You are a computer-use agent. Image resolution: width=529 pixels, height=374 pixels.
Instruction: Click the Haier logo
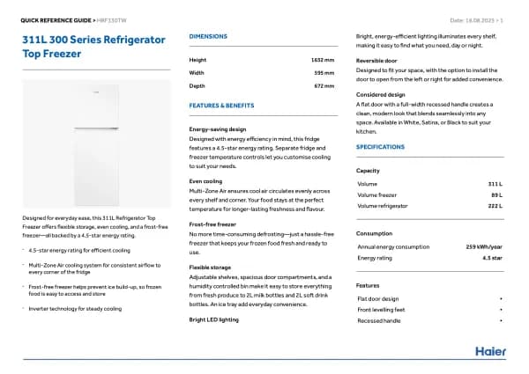pyautogui.click(x=491, y=351)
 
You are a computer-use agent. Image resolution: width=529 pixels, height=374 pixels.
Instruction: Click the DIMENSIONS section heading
pyautogui.click(x=208, y=36)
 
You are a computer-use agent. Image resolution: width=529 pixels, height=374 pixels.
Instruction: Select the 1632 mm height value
pyautogui.click(x=323, y=60)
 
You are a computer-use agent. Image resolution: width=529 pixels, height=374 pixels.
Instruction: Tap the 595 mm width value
pyautogui.click(x=325, y=72)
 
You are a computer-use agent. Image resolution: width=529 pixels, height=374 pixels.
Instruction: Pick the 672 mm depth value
pyautogui.click(x=324, y=85)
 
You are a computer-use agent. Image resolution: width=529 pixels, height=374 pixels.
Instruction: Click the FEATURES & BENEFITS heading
pyautogui.click(x=221, y=105)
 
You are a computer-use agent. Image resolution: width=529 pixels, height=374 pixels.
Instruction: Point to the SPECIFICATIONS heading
pyautogui.click(x=380, y=146)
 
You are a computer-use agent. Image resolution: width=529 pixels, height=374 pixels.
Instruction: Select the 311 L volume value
pyautogui.click(x=495, y=183)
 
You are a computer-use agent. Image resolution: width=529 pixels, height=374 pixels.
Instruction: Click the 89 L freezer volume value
pyautogui.click(x=496, y=194)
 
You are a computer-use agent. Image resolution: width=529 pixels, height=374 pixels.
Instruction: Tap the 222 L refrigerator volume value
pyautogui.click(x=494, y=206)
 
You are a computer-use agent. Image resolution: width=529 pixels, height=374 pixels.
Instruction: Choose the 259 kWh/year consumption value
pyautogui.click(x=484, y=247)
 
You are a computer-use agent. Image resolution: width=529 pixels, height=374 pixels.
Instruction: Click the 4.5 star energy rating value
pyautogui.click(x=492, y=259)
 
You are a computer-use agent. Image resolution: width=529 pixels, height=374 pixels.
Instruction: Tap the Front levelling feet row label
pyautogui.click(x=381, y=310)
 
